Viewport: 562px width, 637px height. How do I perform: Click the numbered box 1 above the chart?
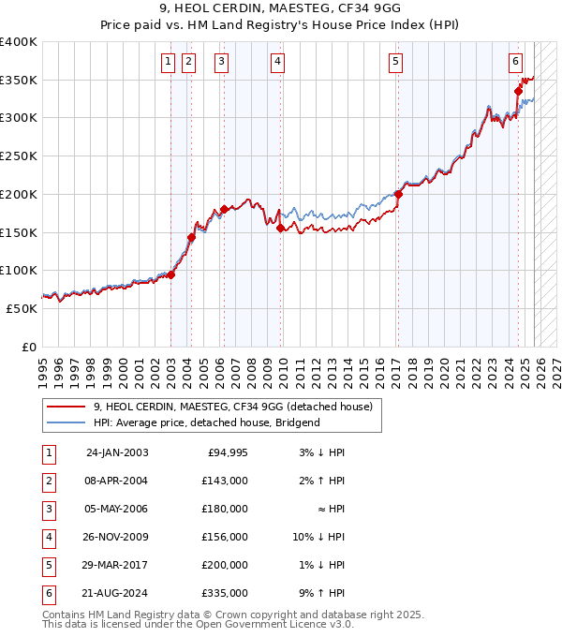(168, 63)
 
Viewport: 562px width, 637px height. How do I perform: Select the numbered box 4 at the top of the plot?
(278, 63)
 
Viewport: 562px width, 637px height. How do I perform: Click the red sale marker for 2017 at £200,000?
(398, 195)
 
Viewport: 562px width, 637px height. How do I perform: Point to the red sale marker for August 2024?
(518, 91)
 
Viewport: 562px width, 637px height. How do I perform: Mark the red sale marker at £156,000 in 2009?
(281, 228)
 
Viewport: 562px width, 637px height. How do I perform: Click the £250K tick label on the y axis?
(19, 156)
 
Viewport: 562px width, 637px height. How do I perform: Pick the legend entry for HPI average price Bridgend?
(206, 422)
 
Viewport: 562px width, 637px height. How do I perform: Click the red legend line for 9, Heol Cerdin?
(66, 407)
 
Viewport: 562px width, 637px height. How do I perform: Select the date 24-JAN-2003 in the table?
(116, 453)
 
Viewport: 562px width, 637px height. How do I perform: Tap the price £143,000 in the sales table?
(226, 481)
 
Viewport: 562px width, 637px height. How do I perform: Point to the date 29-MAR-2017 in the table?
(116, 565)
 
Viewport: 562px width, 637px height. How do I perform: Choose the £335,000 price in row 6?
(226, 593)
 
